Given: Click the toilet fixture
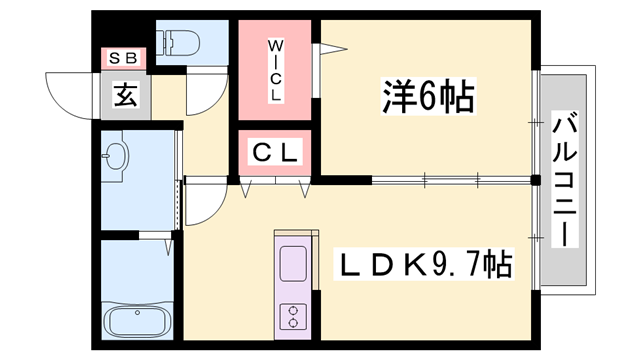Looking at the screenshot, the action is (180, 42).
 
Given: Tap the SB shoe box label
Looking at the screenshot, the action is (123, 58).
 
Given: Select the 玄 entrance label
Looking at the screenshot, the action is (126, 94).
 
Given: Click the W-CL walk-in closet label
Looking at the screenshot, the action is (276, 70).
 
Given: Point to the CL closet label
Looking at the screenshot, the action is (275, 153).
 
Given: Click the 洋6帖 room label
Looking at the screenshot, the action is (429, 96).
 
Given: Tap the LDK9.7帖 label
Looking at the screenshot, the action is (424, 264).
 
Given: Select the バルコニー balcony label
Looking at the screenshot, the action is (565, 179).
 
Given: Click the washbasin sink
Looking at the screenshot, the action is (116, 156).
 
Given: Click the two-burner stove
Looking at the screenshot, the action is (293, 316).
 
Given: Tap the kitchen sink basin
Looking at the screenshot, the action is (293, 264).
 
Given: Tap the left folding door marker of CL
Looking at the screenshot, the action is (245, 189).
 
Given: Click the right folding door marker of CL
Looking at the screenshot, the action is (304, 189).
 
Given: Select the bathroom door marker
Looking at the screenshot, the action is (169, 248).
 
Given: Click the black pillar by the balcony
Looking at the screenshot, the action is (536, 180).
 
